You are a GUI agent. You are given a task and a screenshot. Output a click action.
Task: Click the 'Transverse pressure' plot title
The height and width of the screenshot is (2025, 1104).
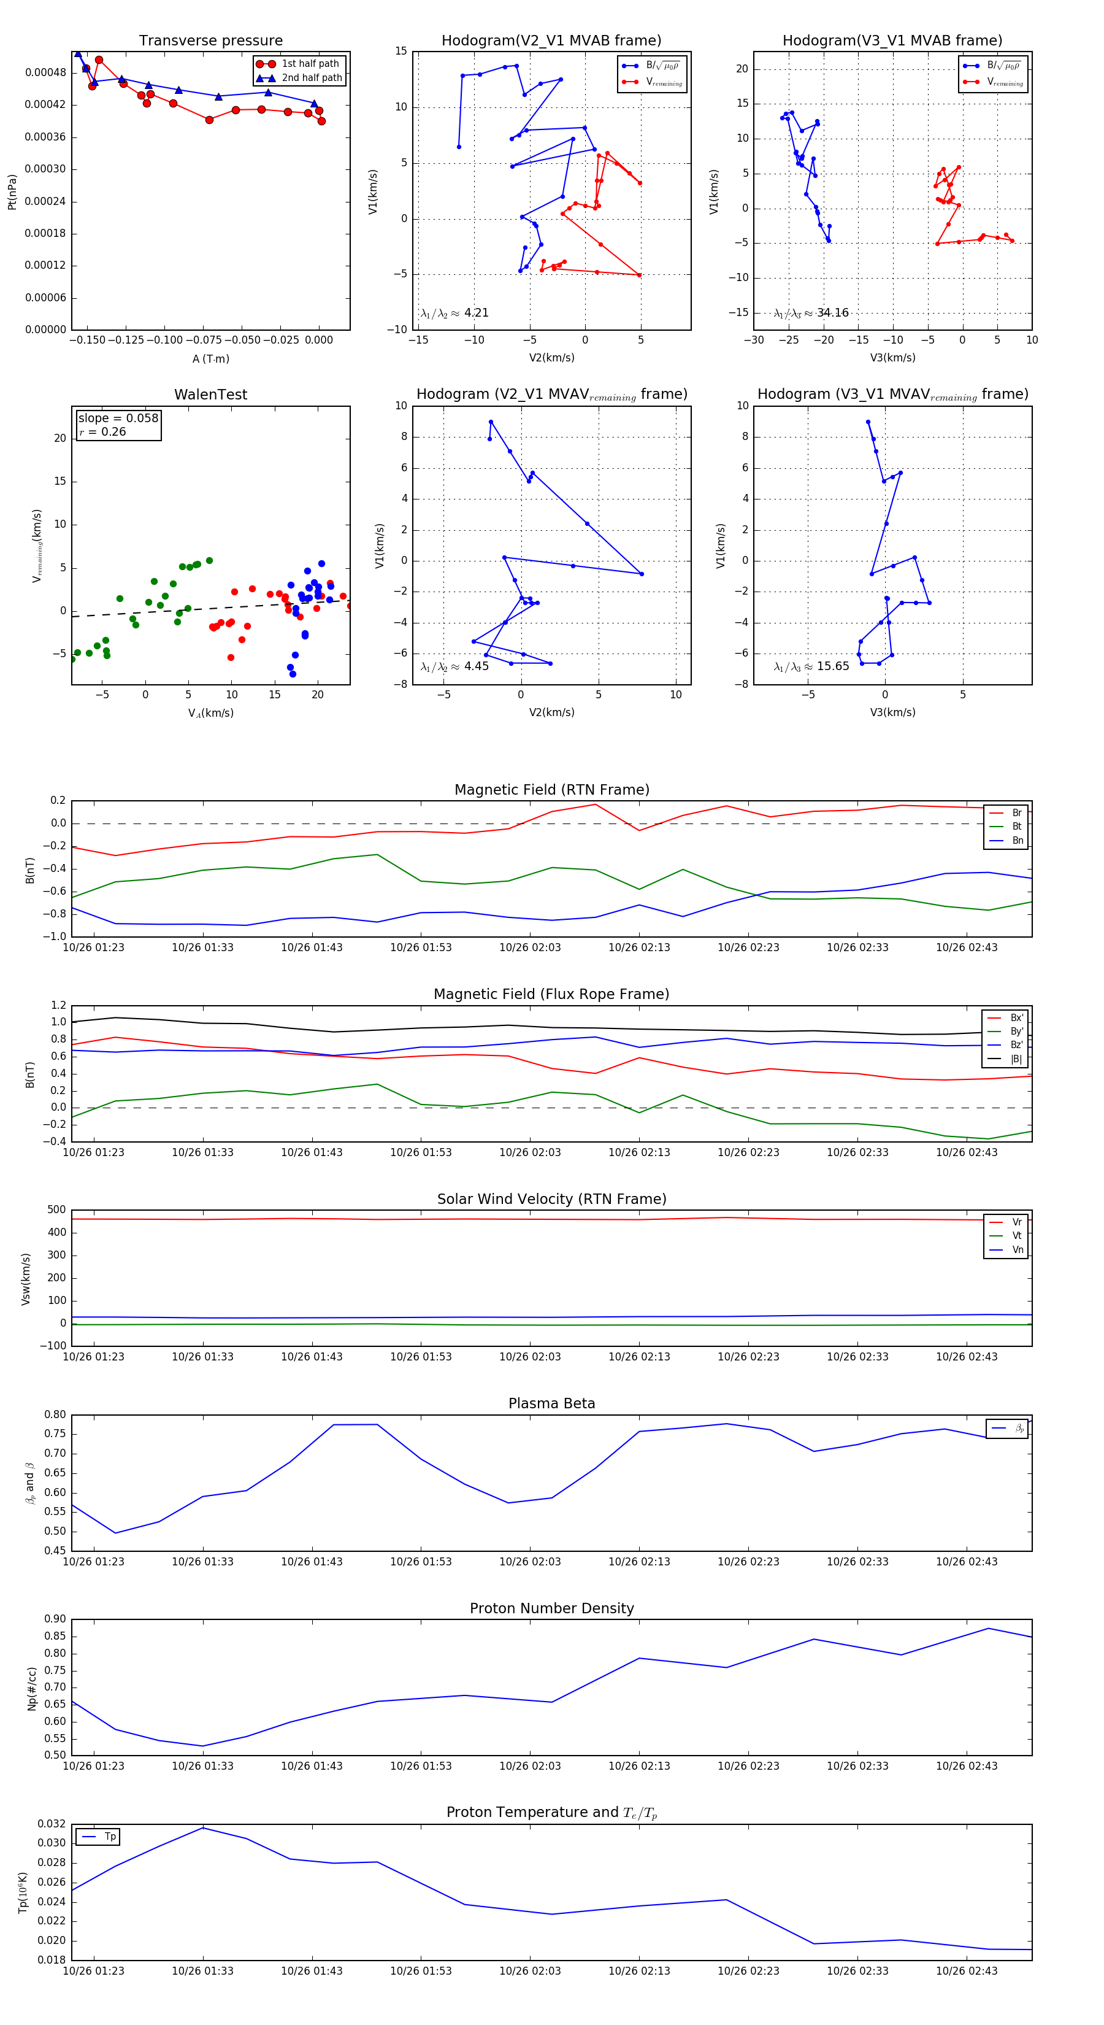coord(210,41)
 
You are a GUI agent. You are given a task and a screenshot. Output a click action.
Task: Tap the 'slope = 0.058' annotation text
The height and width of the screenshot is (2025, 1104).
coord(118,418)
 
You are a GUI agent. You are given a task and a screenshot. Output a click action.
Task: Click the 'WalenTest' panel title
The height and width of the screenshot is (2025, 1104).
coord(210,395)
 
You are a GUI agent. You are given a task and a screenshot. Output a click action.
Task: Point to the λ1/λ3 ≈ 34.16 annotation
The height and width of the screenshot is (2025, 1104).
coord(811,313)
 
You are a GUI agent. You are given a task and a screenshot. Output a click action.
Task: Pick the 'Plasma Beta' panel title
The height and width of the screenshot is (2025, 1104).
coord(551,1404)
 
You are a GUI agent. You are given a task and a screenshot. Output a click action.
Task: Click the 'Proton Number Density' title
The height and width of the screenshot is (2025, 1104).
coord(551,1608)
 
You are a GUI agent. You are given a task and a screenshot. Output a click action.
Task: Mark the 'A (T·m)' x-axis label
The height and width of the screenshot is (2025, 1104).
coord(210,359)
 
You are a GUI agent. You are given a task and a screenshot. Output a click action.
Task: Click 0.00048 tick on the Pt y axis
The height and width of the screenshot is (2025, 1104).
coord(45,73)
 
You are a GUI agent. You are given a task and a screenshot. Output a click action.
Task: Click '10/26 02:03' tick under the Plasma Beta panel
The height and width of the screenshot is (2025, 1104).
coord(531,1561)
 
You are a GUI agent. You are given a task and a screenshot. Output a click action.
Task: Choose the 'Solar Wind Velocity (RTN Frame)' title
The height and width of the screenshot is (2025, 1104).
coord(551,1200)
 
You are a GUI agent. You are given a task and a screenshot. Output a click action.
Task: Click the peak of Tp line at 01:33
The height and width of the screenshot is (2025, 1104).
coord(203,1827)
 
